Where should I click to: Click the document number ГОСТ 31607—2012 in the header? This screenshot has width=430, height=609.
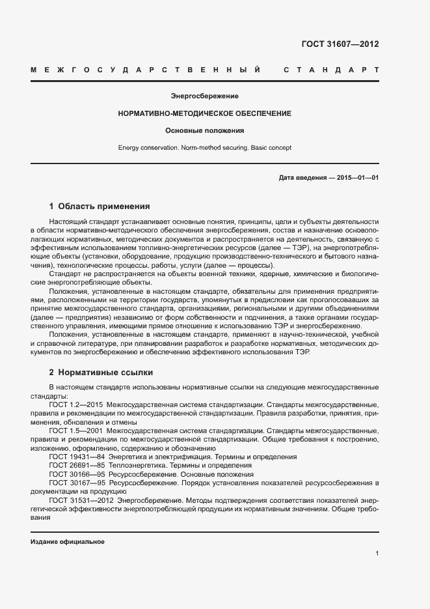click(x=340, y=44)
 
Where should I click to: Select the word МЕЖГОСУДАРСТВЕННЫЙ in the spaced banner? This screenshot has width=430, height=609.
click(x=146, y=70)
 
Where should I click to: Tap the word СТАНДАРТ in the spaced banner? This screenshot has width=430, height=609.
click(x=332, y=70)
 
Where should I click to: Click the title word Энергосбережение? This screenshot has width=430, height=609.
click(x=204, y=96)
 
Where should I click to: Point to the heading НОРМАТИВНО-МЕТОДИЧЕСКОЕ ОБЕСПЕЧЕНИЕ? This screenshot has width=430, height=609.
click(x=204, y=113)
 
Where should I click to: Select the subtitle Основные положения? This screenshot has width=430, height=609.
click(x=204, y=130)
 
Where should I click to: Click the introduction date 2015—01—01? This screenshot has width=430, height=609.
click(x=356, y=178)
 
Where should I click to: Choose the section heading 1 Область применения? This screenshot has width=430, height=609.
click(x=100, y=206)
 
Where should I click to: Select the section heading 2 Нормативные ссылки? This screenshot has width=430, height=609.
click(x=101, y=373)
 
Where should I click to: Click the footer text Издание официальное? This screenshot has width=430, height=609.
click(x=68, y=542)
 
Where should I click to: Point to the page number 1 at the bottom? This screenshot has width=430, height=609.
click(x=377, y=554)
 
